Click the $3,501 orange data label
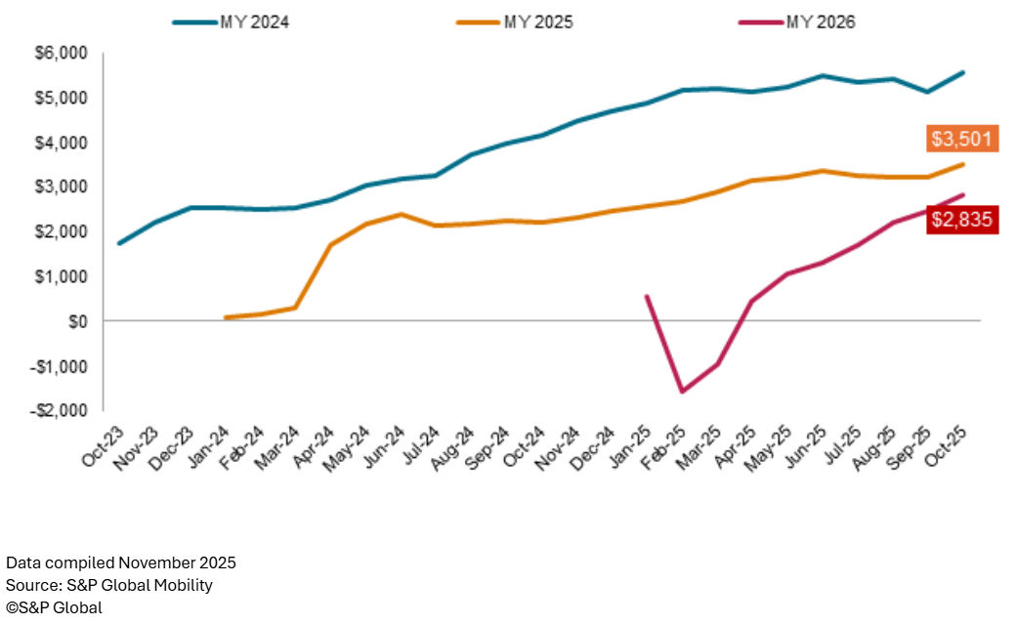pyautogui.click(x=961, y=140)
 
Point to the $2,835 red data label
pyautogui.click(x=961, y=220)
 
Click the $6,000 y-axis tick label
pyautogui.click(x=60, y=53)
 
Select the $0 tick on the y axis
pyautogui.click(x=75, y=321)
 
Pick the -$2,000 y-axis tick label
pyautogui.click(x=58, y=410)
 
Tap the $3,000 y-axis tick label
pyautogui.click(x=60, y=187)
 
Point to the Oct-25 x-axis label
pyautogui.click(x=951, y=447)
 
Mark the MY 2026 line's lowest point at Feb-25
pyautogui.click(x=682, y=392)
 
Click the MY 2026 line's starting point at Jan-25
pyautogui.click(x=647, y=296)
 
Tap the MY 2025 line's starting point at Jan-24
pyautogui.click(x=226, y=317)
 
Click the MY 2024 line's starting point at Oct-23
pyautogui.click(x=119, y=243)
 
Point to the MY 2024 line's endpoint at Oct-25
pyautogui.click(x=963, y=72)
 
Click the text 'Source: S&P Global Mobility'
pyautogui.click(x=109, y=585)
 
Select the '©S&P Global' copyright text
pyautogui.click(x=54, y=607)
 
